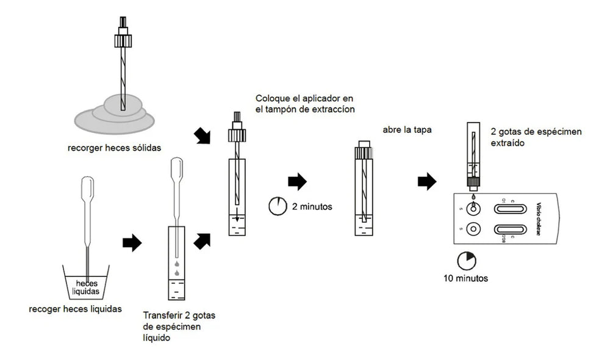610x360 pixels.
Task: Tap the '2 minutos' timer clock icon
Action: [276, 206]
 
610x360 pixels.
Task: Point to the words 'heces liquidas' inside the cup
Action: [87, 287]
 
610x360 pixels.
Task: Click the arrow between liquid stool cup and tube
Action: [132, 243]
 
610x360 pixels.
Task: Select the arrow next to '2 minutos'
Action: [297, 181]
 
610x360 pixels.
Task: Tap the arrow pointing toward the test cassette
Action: [427, 181]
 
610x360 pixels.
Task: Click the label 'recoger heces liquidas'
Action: [75, 309]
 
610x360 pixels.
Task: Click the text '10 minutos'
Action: [466, 279]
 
